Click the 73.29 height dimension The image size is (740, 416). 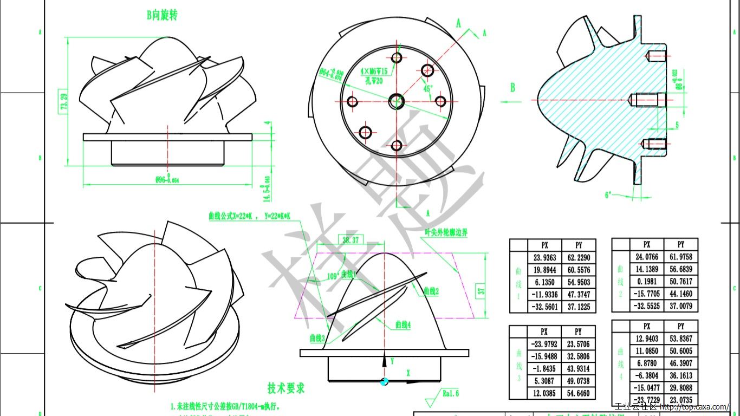[x=64, y=102]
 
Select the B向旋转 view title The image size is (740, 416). [x=162, y=15]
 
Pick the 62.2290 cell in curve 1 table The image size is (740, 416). [x=578, y=257]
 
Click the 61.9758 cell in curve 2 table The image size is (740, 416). [x=680, y=257]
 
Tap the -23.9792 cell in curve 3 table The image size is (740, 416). [x=544, y=344]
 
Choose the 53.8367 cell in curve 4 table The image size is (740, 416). [x=680, y=339]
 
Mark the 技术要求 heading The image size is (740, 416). [x=286, y=388]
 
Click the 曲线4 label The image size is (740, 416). [x=403, y=325]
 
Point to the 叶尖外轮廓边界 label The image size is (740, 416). [x=446, y=232]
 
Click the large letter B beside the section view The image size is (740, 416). [x=512, y=88]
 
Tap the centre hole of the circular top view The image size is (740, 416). [x=397, y=101]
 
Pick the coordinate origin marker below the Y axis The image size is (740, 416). [x=385, y=381]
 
